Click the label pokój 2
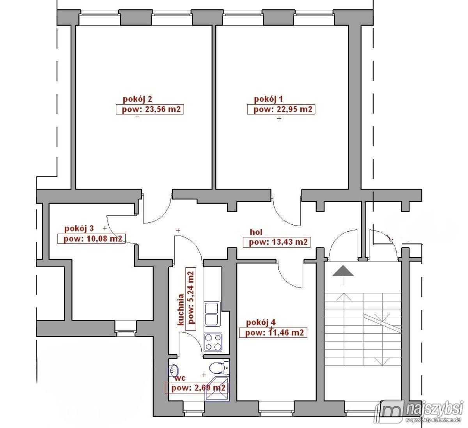click(x=137, y=99)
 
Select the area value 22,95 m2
click(x=294, y=109)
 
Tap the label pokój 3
click(x=79, y=229)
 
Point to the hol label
click(x=256, y=232)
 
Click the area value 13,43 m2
click(x=290, y=242)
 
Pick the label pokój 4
click(x=261, y=322)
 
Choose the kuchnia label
click(x=181, y=310)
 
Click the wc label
click(x=180, y=378)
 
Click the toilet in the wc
click(x=219, y=368)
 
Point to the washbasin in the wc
click(x=173, y=370)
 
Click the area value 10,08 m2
click(x=105, y=239)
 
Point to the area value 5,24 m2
click(x=191, y=297)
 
